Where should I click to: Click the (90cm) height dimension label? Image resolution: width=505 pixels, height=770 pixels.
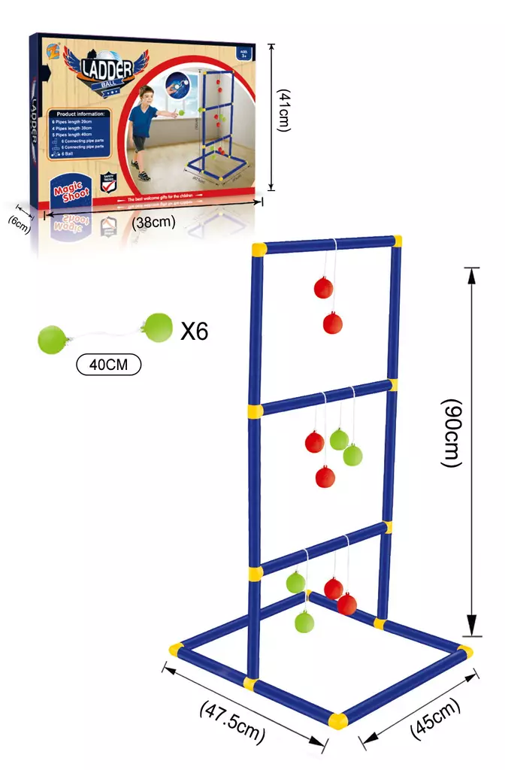pyautogui.click(x=451, y=433)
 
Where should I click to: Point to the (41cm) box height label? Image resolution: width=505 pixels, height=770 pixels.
pyautogui.click(x=283, y=111)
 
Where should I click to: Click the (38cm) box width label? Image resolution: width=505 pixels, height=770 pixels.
pyautogui.click(x=153, y=222)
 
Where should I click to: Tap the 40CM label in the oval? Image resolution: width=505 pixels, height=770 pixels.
pyautogui.click(x=109, y=365)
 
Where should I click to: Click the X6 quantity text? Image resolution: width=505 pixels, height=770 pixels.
pyautogui.click(x=194, y=331)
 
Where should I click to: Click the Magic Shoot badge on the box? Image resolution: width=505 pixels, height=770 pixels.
pyautogui.click(x=71, y=190)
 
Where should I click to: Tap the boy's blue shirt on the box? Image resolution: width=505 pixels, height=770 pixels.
pyautogui.click(x=144, y=119)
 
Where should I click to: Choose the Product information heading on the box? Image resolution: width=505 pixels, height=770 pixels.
pyautogui.click(x=77, y=114)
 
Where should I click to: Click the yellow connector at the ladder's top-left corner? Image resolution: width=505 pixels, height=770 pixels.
pyautogui.click(x=259, y=248)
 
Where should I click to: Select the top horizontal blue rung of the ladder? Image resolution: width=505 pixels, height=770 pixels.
pyautogui.click(x=327, y=244)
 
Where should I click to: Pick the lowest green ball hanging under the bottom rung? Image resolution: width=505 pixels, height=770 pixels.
pyautogui.click(x=304, y=622)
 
